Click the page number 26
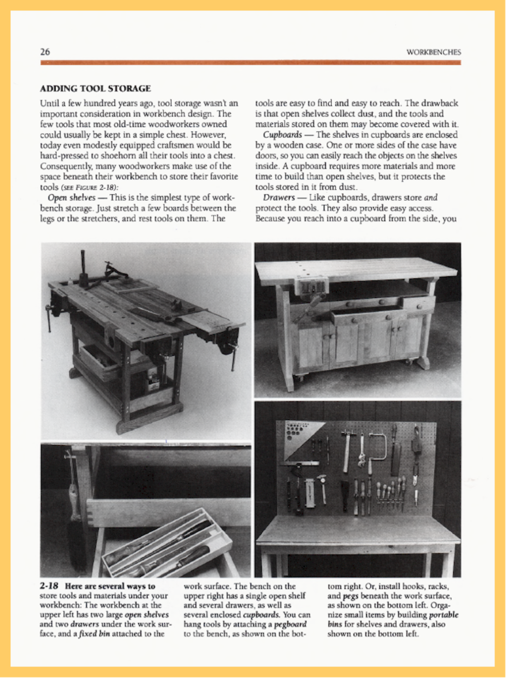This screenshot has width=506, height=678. [x=45, y=52]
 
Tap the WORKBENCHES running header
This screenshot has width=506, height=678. [x=434, y=52]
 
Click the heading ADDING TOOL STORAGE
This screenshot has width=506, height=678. [x=95, y=89]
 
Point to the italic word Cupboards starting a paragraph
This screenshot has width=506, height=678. [x=282, y=135]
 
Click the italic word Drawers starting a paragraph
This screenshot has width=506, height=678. [x=279, y=198]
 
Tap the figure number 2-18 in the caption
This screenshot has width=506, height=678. [x=49, y=587]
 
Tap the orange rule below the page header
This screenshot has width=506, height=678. [x=251, y=63]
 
